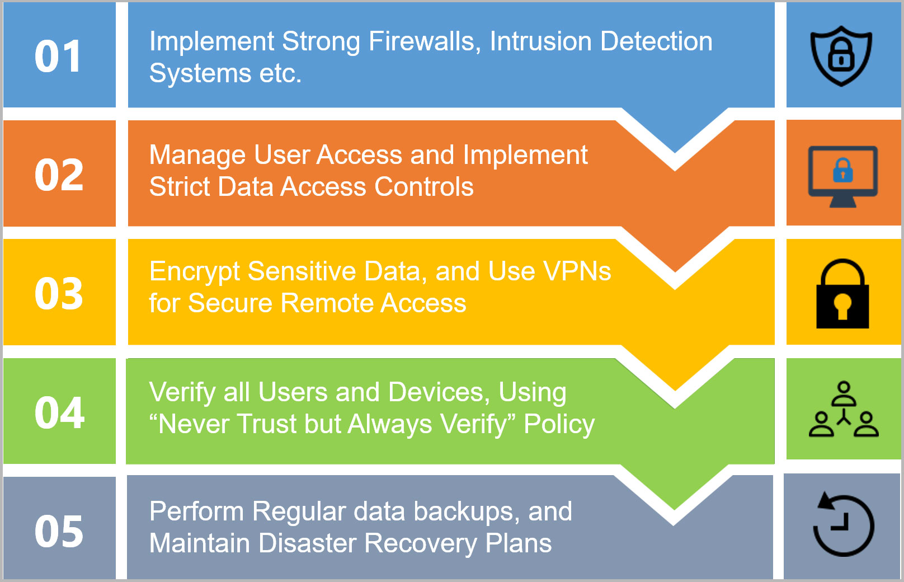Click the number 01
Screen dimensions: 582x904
point(58,57)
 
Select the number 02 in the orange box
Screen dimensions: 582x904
point(59,175)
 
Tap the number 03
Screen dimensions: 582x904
point(59,294)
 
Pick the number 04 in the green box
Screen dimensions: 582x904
point(59,413)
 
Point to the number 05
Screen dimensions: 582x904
point(59,532)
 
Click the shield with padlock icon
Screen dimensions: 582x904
point(841,56)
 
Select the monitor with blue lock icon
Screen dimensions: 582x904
point(842,176)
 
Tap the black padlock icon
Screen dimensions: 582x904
point(842,294)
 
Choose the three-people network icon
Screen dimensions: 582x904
point(844,410)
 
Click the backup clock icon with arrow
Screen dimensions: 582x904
point(843,525)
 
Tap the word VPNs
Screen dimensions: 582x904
point(577,272)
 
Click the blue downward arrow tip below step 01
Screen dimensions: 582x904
point(675,143)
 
